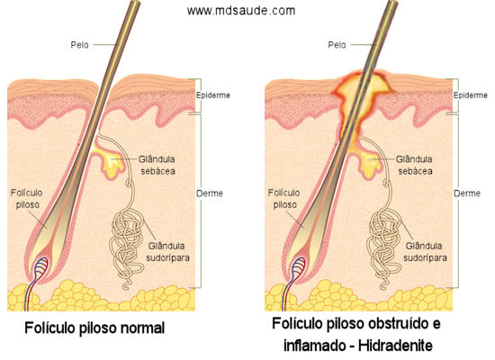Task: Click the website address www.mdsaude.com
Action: point(241,11)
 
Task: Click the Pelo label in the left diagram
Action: point(79,45)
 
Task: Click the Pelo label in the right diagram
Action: point(337,45)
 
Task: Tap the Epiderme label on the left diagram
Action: point(212,95)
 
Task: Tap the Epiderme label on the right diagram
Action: point(470,95)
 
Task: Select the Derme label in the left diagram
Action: point(210,193)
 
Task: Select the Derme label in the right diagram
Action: point(467,193)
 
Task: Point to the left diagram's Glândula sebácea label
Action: point(157,165)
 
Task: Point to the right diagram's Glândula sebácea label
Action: point(414,165)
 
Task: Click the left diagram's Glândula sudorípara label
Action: point(167,252)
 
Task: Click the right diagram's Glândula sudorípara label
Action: point(425,252)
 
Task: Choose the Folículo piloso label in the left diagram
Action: point(26,199)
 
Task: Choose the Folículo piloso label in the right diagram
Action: point(283,199)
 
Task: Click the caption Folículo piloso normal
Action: point(94,328)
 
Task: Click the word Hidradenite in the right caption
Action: point(395,346)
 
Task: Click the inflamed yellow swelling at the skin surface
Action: point(363,94)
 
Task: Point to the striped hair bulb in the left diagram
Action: point(41,266)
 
